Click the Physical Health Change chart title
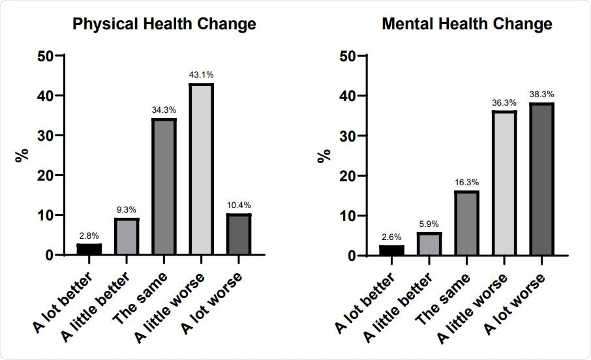(163, 25)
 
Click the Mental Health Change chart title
(467, 25)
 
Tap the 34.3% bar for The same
(164, 187)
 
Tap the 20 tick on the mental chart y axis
(350, 176)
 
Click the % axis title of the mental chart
(324, 155)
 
